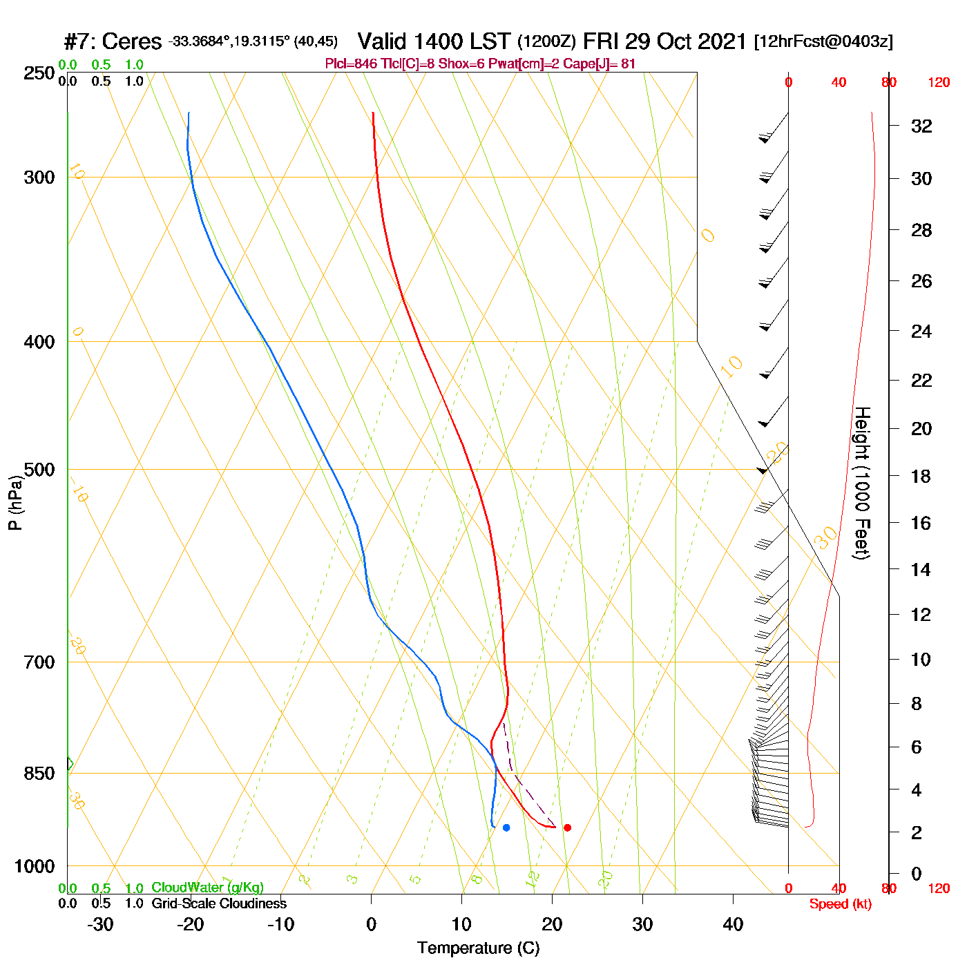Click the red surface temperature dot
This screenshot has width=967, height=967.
click(x=567, y=827)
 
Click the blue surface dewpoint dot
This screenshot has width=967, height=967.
click(x=506, y=827)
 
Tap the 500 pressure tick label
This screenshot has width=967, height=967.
click(x=39, y=470)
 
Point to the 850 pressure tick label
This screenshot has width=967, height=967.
click(x=39, y=774)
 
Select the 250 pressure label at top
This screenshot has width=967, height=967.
click(x=39, y=73)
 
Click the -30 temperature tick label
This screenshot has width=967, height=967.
click(x=100, y=924)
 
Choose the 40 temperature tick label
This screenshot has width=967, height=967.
click(x=733, y=924)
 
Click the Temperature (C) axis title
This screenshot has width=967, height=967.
click(x=478, y=948)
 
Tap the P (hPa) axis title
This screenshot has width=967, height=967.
click(x=15, y=503)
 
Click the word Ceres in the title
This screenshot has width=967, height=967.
click(x=131, y=42)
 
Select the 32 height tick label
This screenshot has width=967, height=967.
click(x=921, y=126)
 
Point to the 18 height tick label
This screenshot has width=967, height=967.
click(x=921, y=477)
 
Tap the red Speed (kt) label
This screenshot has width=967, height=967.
click(x=840, y=904)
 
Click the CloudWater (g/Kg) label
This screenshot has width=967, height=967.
click(x=207, y=888)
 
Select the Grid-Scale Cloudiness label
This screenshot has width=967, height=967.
click(x=219, y=903)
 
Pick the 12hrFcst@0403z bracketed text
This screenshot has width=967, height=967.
click(x=823, y=42)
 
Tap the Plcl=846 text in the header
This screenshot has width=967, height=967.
click(x=351, y=64)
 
